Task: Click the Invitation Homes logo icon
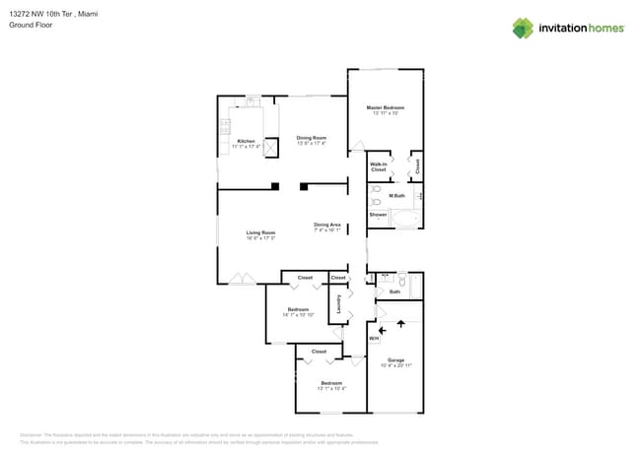tap(523, 28)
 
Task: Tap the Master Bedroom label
tap(386, 107)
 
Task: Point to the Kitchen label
tap(246, 141)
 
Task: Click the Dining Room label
tap(311, 137)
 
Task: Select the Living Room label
tap(260, 232)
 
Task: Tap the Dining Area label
tap(327, 225)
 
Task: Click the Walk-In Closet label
tap(378, 166)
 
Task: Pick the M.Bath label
tap(396, 196)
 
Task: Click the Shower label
tap(378, 214)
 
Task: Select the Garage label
tap(396, 359)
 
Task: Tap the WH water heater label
tap(374, 339)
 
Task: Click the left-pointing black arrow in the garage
tap(383, 332)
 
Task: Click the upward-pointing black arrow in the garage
tap(401, 322)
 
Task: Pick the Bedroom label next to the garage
tap(331, 383)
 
